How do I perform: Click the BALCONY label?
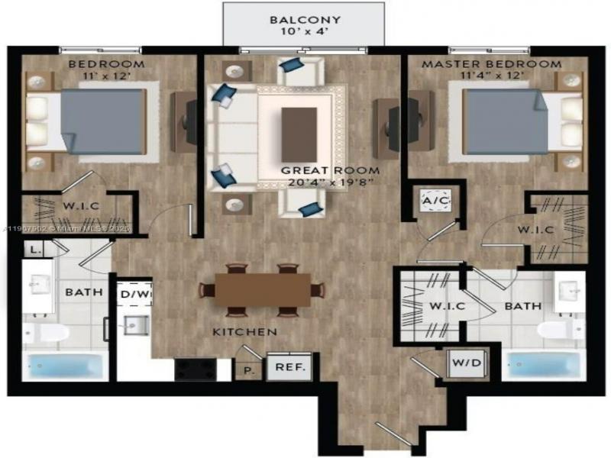305,20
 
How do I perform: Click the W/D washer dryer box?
465,363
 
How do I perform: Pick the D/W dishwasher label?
134,294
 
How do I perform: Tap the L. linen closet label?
35,249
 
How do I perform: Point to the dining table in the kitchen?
263,289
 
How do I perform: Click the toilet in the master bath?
561,331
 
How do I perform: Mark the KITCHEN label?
245,332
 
